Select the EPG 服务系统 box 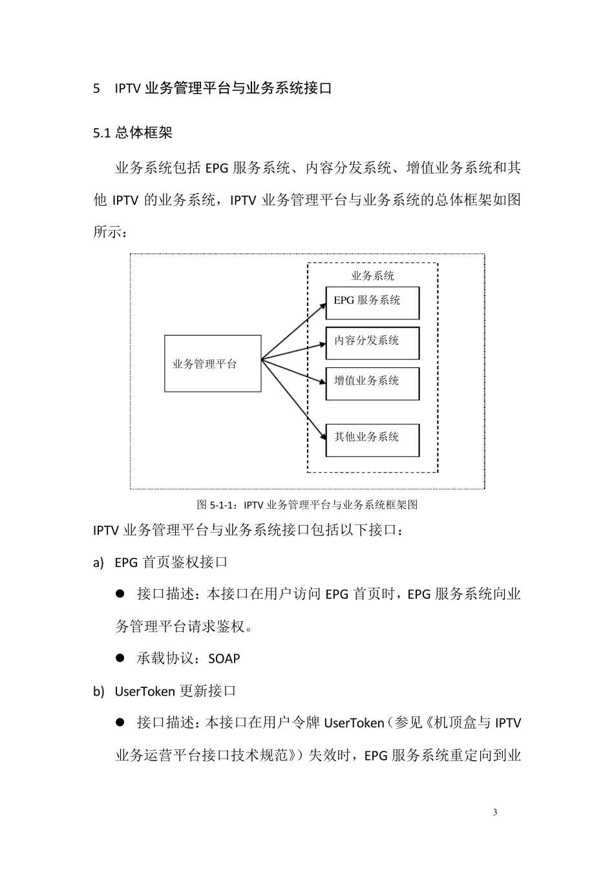372,303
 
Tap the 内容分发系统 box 372,343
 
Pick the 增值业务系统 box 372,383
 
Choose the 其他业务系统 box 372,440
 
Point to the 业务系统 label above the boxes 372,275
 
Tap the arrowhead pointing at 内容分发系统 322,345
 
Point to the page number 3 495,812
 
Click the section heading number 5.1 103,133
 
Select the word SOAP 224,659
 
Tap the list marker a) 98,563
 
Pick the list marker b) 98,691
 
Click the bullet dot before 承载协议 120,658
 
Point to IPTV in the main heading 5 128,89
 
